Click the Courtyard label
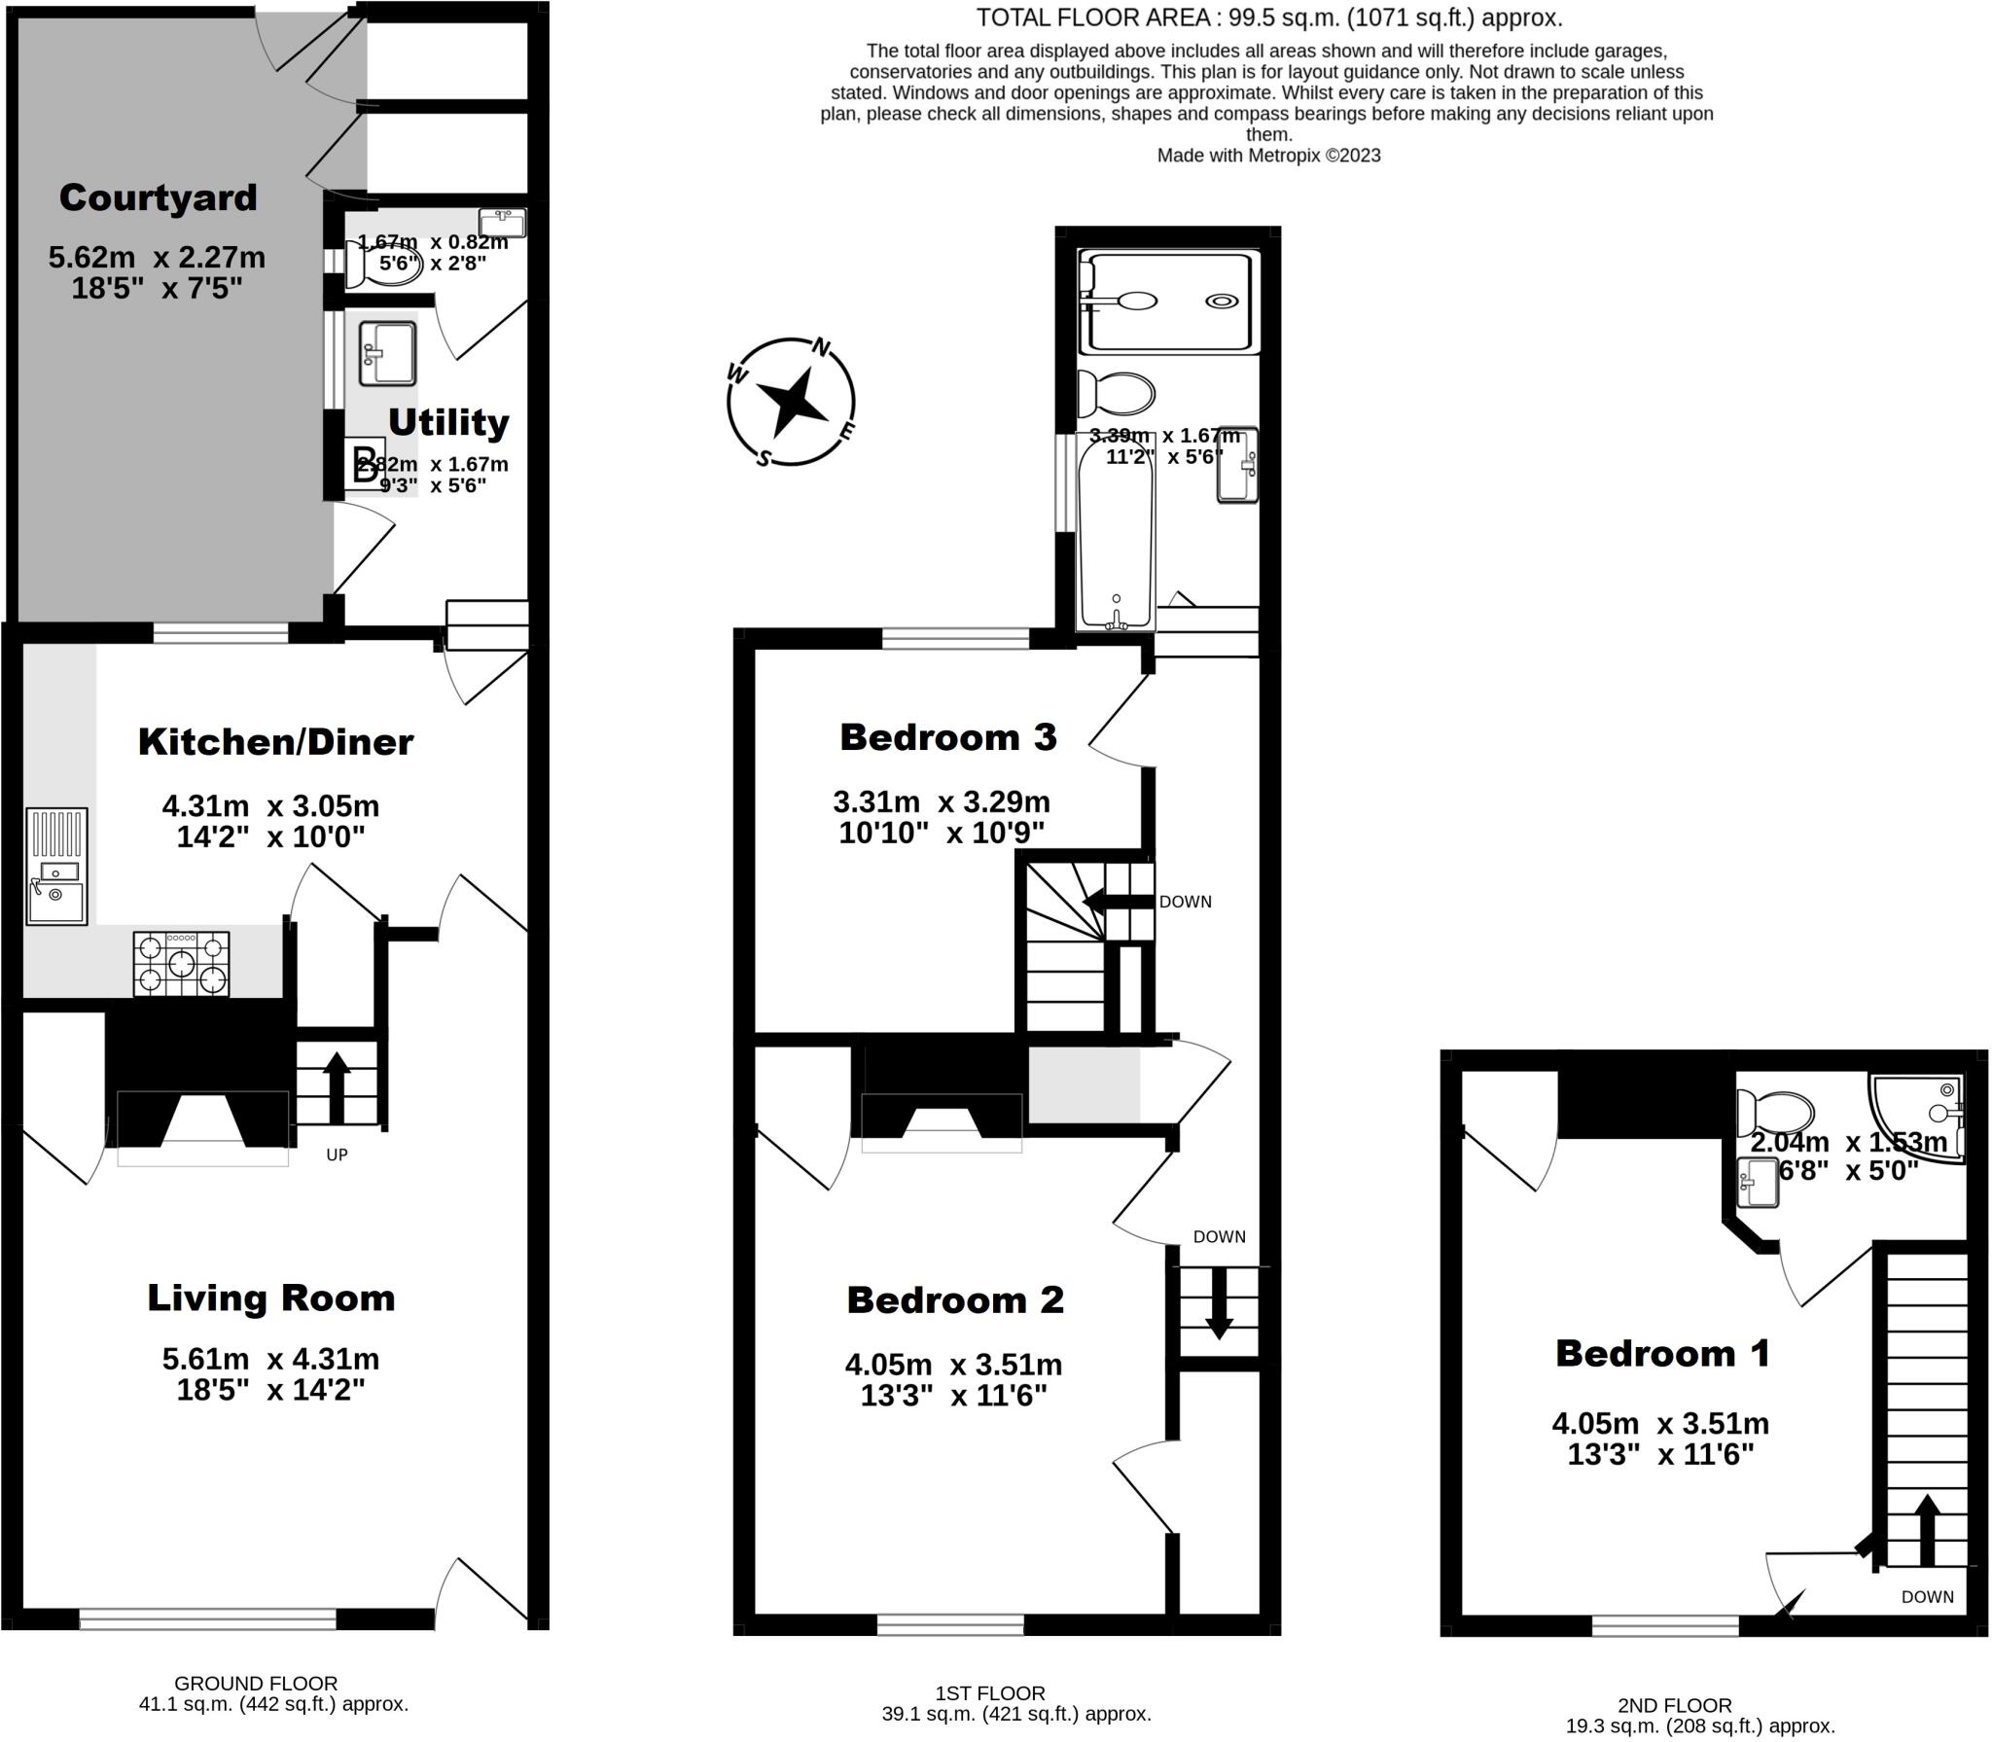click(158, 197)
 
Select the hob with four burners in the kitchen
click(182, 963)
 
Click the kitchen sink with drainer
click(56, 866)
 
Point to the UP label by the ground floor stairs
click(337, 1155)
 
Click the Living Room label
click(270, 1298)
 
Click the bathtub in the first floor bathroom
click(1117, 530)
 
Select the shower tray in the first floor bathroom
click(1169, 302)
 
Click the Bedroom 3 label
click(947, 736)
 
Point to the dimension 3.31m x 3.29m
click(941, 802)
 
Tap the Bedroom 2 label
click(954, 1299)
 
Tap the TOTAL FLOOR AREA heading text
click(1268, 18)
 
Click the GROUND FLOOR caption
click(256, 1683)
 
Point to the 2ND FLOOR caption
click(1674, 1705)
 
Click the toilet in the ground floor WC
click(384, 265)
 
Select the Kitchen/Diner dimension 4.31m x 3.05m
click(270, 806)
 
